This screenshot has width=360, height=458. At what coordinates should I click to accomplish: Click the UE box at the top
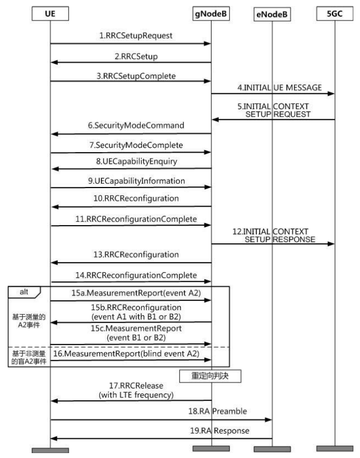point(50,14)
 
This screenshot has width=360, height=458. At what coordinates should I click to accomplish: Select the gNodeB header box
point(211,14)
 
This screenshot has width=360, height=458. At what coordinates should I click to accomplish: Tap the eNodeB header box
point(272,14)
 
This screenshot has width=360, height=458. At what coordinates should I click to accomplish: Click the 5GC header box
point(334,14)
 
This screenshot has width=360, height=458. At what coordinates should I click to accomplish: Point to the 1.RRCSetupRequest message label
point(136,35)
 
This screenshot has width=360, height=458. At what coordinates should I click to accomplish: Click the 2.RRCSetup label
point(136,56)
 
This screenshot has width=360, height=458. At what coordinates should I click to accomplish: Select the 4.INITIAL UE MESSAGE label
point(280,88)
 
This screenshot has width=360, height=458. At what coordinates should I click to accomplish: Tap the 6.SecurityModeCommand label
point(136,125)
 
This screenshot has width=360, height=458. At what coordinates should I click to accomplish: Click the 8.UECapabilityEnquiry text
point(137,161)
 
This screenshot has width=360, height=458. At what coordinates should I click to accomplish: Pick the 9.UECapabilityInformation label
point(136,181)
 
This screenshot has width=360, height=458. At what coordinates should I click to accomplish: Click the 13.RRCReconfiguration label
point(136,255)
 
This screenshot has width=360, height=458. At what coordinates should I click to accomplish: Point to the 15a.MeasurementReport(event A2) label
point(136,293)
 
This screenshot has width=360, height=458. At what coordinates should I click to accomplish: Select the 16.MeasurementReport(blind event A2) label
point(126,354)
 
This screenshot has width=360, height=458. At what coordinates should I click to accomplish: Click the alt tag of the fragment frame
point(24,292)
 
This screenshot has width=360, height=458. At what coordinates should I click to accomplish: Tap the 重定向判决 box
point(210,376)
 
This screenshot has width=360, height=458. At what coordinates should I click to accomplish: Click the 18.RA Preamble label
point(218,411)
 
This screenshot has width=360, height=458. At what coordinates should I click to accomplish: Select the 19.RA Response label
point(220,431)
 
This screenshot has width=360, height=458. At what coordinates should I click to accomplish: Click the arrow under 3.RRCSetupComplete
point(130,81)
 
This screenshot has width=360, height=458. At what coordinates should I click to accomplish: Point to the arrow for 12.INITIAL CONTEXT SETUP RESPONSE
point(273,244)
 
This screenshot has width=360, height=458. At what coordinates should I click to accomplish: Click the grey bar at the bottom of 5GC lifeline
point(334,448)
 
